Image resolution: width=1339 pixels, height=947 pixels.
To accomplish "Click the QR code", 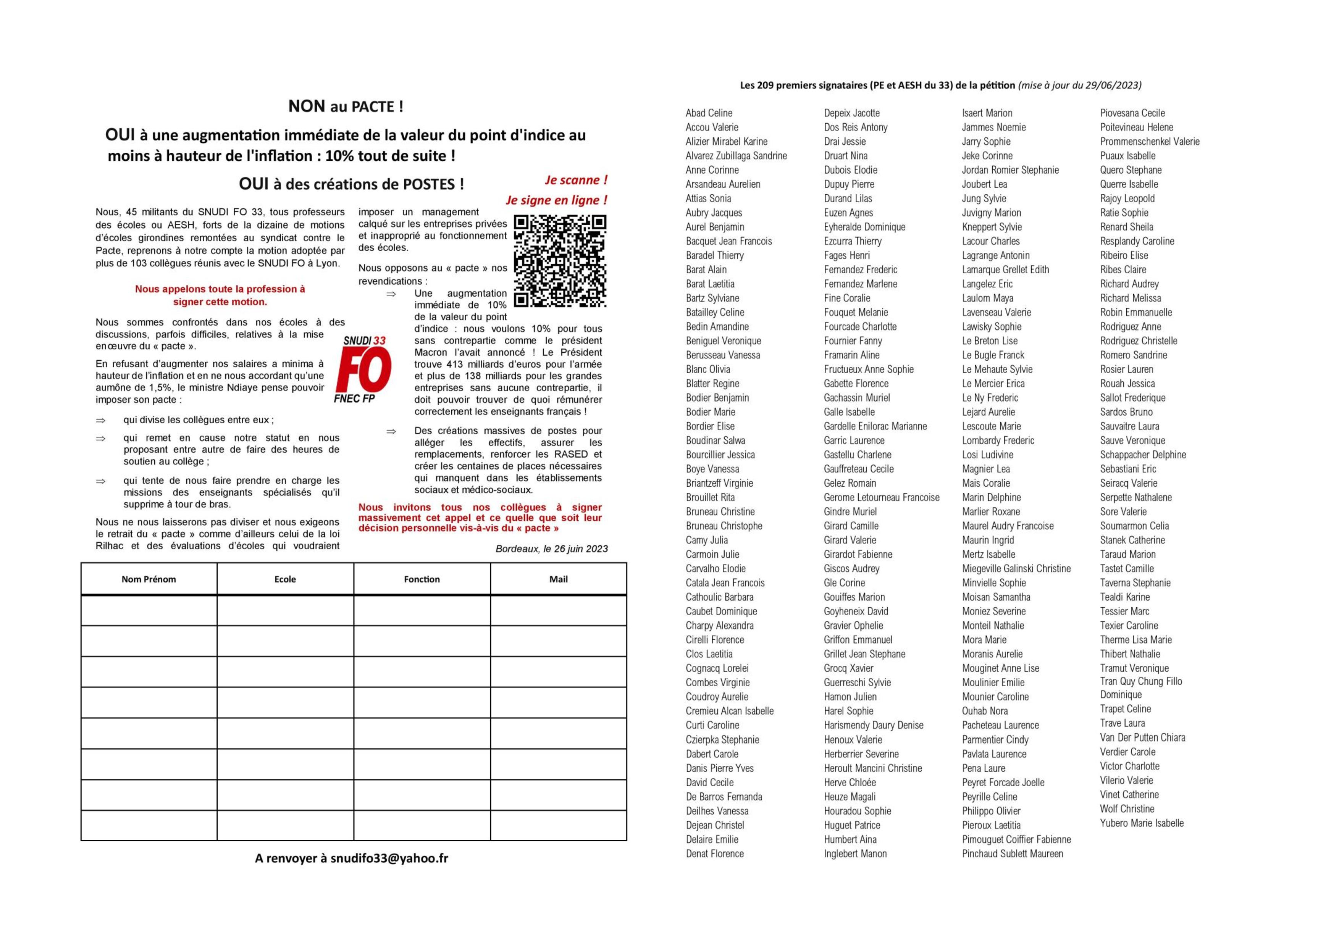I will [x=559, y=261].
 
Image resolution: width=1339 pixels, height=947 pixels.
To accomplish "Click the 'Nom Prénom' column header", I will [x=149, y=579].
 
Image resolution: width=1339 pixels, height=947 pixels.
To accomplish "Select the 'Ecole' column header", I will [x=285, y=579].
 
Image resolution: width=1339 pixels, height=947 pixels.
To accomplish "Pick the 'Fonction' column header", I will [x=422, y=579].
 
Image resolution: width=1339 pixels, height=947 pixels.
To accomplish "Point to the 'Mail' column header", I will [x=558, y=579].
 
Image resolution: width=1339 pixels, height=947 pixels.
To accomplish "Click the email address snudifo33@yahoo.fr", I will [x=389, y=858].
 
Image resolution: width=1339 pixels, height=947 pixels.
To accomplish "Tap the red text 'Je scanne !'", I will [x=576, y=180].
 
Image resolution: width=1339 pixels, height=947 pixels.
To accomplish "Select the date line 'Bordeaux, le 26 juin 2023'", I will [x=551, y=549].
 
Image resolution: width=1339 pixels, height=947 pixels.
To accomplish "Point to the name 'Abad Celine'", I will [x=709, y=113].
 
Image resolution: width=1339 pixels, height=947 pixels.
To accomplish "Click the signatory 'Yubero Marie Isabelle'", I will [x=1141, y=823].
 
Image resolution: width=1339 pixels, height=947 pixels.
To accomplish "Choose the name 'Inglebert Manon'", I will [x=855, y=854].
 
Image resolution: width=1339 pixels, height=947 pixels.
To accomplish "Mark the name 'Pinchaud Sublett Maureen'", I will [x=1012, y=854].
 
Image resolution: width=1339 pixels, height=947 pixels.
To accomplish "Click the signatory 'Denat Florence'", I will [x=714, y=854].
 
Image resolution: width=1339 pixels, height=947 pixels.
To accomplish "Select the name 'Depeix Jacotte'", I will [x=851, y=113].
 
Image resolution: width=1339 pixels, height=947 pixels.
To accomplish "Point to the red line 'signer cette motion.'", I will [x=220, y=302].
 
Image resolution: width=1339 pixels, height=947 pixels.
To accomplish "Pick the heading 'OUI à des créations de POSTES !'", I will [x=351, y=184].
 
